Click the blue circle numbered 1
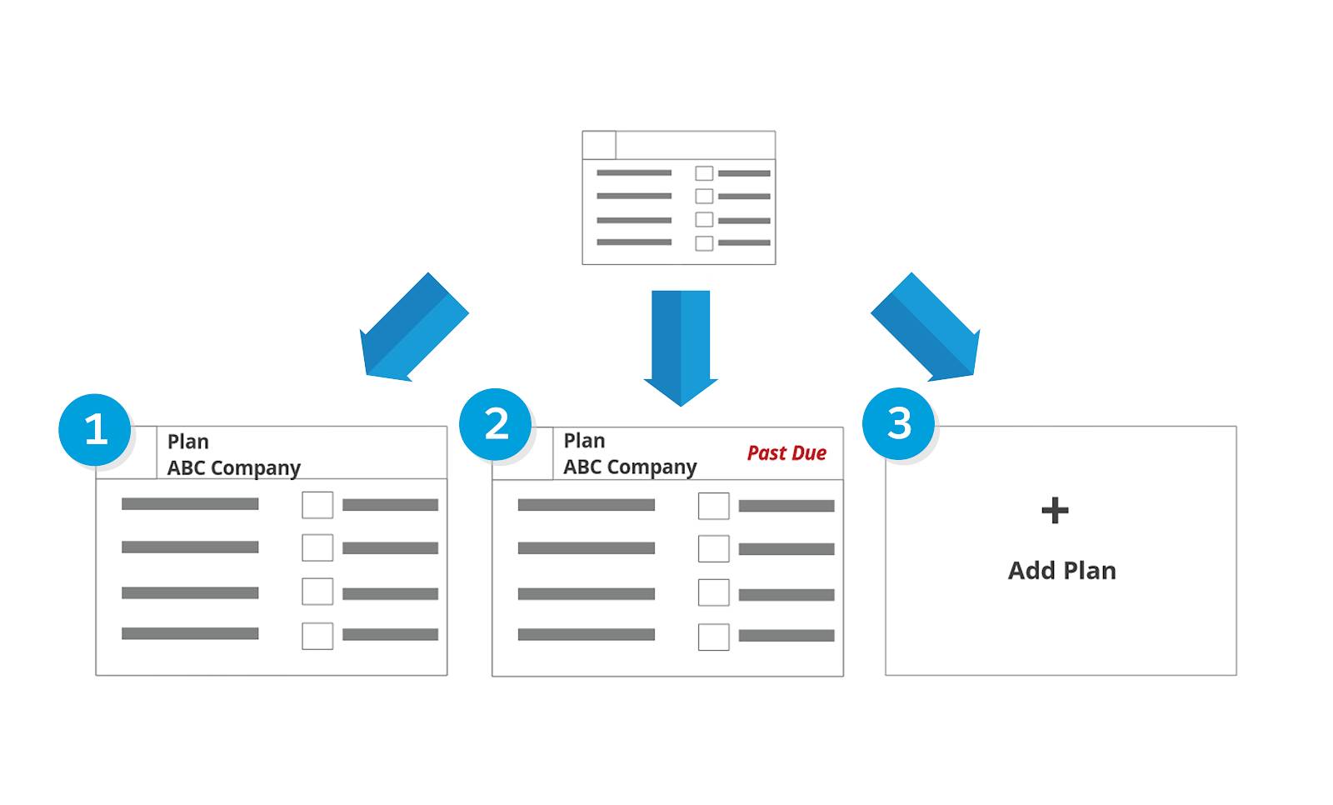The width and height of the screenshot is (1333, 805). [x=95, y=430]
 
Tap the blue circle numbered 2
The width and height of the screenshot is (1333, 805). [x=496, y=424]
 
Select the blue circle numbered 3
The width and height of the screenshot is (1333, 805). [x=898, y=423]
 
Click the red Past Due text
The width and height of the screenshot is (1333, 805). [x=786, y=453]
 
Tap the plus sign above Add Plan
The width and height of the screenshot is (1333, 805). [x=1055, y=510]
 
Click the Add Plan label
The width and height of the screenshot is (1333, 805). [x=1061, y=571]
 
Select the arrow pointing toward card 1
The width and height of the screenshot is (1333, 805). [x=412, y=328]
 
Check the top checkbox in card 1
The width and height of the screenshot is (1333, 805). [x=317, y=505]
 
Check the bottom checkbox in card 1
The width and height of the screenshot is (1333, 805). [x=317, y=636]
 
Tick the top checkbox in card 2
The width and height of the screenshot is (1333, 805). [x=713, y=506]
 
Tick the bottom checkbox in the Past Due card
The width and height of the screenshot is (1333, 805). [x=713, y=637]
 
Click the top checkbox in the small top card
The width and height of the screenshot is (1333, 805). [x=704, y=173]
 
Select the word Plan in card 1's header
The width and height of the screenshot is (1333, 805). [x=188, y=442]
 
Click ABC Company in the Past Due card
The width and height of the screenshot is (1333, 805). [x=630, y=467]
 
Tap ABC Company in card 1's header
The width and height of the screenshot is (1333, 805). [x=233, y=468]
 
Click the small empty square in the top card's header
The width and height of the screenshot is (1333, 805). [x=599, y=145]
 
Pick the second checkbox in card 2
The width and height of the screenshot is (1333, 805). [x=713, y=549]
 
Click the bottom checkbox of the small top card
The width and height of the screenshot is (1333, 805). [x=704, y=243]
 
